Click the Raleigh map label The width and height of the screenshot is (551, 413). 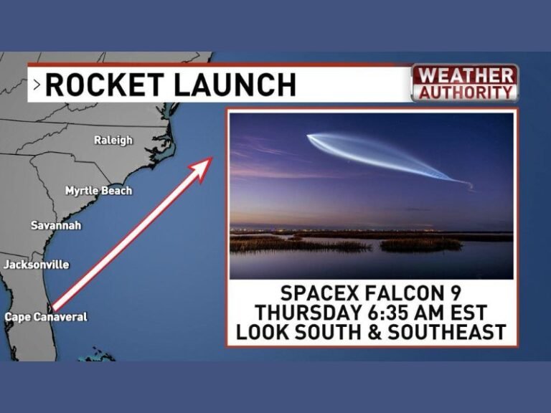tap(113, 141)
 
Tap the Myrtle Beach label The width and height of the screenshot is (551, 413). tap(98, 191)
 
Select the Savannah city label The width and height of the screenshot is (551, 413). tap(56, 226)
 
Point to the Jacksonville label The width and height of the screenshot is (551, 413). tap(37, 265)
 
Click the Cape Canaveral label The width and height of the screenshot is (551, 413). tap(46, 317)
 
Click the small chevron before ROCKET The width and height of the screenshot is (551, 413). tap(37, 85)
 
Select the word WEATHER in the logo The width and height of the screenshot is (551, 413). tap(465, 75)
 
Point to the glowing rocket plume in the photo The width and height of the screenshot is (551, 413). tap(380, 154)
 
